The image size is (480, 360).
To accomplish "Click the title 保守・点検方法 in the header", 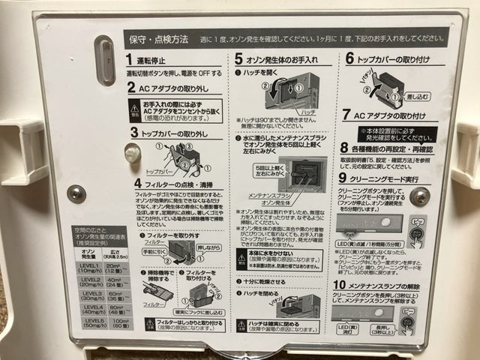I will tap(160, 37).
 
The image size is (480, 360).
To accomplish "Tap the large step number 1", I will tap(130, 60).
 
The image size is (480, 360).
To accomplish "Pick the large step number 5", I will tap(238, 58).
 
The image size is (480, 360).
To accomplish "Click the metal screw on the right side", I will tap(420, 196).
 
